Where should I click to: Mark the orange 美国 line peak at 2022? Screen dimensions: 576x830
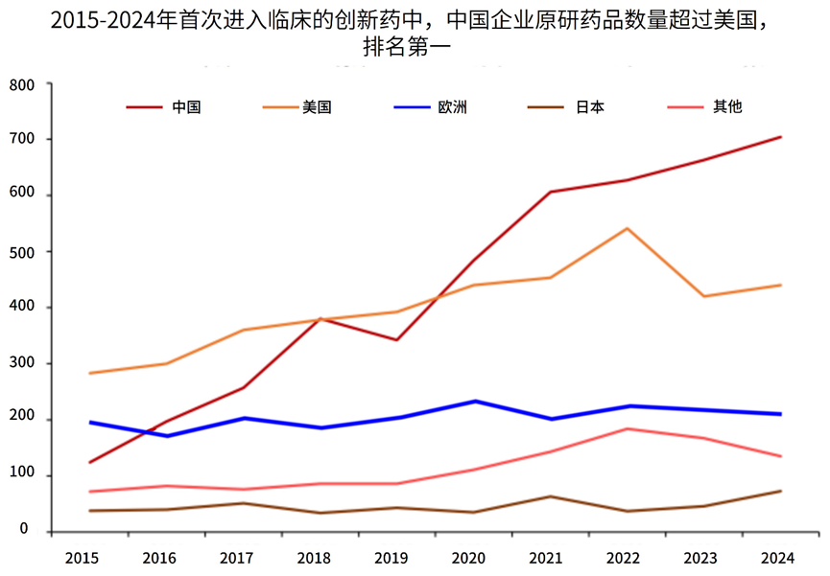click(627, 228)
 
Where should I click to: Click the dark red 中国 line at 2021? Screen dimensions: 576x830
click(550, 192)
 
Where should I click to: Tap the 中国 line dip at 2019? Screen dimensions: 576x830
click(395, 339)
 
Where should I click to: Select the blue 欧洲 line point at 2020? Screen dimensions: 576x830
click(473, 401)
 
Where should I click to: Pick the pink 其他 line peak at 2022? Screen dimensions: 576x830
click(627, 428)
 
